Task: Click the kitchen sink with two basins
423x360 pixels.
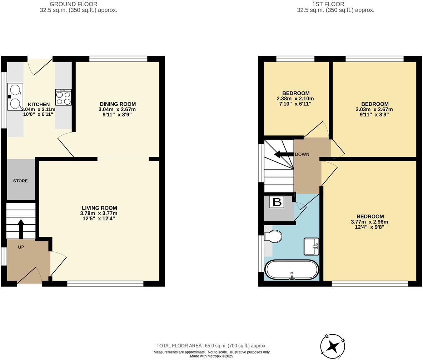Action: pyautogui.click(x=15, y=97)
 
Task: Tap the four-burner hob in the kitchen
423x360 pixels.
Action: pyautogui.click(x=63, y=97)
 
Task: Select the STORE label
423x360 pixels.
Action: pyautogui.click(x=20, y=181)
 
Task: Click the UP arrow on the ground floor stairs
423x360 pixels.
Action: pyautogui.click(x=21, y=229)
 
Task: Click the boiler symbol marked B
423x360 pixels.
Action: pyautogui.click(x=277, y=202)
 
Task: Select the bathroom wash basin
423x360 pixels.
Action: pyautogui.click(x=311, y=246)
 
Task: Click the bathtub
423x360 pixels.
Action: pyautogui.click(x=292, y=270)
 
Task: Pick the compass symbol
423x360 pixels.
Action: pyautogui.click(x=333, y=346)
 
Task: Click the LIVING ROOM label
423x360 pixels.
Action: pyautogui.click(x=99, y=208)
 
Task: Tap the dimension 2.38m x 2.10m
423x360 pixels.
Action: pyautogui.click(x=295, y=99)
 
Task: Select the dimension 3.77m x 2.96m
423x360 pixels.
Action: pyautogui.click(x=370, y=222)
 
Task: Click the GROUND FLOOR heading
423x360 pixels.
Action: pyautogui.click(x=73, y=4)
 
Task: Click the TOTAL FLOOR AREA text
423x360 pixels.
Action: pyautogui.click(x=211, y=346)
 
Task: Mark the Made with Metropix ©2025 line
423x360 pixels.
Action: pyautogui.click(x=211, y=356)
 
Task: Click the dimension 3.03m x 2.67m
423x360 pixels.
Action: pyautogui.click(x=374, y=109)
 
